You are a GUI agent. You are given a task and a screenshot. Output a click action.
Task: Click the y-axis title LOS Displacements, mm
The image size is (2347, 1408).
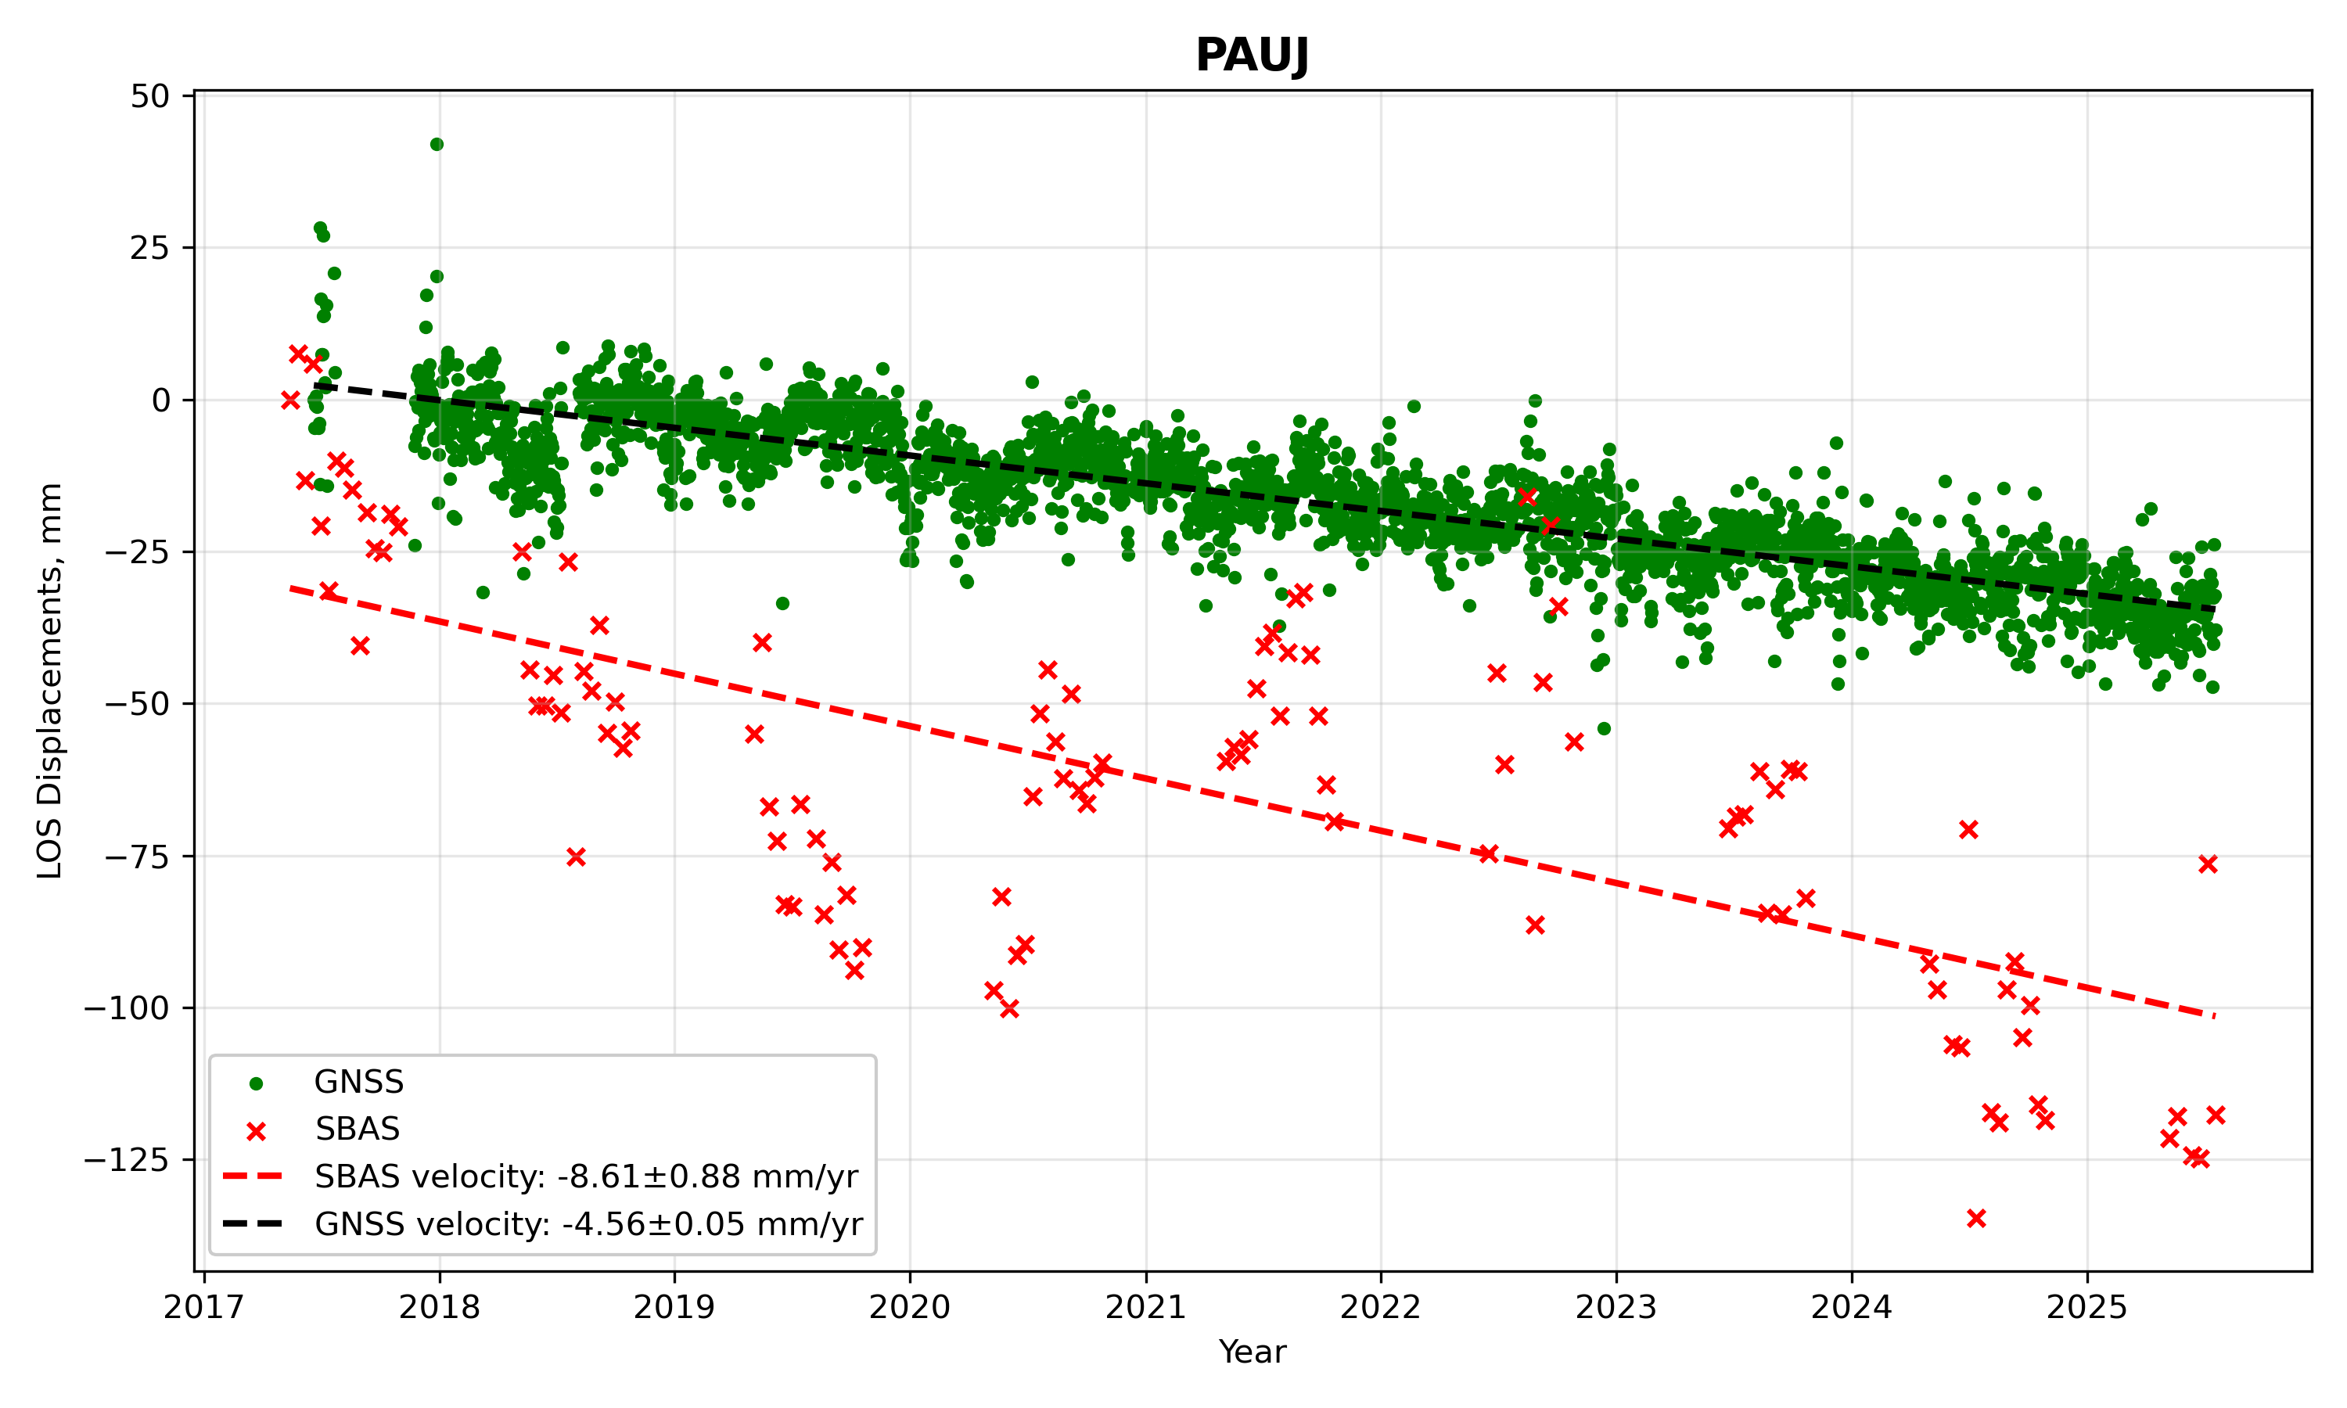coord(49,681)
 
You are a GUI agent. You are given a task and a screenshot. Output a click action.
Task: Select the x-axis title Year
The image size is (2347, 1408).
coord(1253,1352)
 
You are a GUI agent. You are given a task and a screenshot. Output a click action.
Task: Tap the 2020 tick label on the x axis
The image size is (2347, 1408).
coord(910,1307)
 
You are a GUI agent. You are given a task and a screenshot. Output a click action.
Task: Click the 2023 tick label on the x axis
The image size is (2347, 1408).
coord(1616,1307)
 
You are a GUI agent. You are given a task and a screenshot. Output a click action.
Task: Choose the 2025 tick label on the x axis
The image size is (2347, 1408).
coord(2087,1307)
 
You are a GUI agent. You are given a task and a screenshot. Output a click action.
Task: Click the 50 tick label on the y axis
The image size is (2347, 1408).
coord(151,96)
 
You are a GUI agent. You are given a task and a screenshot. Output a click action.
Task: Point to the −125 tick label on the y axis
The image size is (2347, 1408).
coord(126,1159)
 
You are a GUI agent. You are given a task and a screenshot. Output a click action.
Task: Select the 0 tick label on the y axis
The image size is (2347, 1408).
coord(161,400)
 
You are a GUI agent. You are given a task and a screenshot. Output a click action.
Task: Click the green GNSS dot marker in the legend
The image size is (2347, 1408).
coord(255,1083)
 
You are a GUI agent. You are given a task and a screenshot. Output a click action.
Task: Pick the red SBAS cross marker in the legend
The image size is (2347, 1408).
coord(255,1130)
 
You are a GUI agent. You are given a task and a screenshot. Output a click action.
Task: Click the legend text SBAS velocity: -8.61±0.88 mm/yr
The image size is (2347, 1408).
coord(586,1176)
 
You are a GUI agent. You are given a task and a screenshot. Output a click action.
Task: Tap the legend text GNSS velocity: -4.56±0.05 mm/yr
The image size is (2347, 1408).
coord(589,1224)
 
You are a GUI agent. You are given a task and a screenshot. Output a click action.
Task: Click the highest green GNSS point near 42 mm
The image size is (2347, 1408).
coord(437,144)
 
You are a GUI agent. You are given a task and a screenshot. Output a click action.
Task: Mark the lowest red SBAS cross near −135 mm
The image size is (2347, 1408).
coord(1976,1218)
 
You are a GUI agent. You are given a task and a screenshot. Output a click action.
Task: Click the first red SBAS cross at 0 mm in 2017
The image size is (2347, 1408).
coord(290,400)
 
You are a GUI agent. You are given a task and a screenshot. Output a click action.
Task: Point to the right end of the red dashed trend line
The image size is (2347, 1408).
coord(2214,1016)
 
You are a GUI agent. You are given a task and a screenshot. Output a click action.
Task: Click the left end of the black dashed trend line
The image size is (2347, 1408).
coord(314,385)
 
